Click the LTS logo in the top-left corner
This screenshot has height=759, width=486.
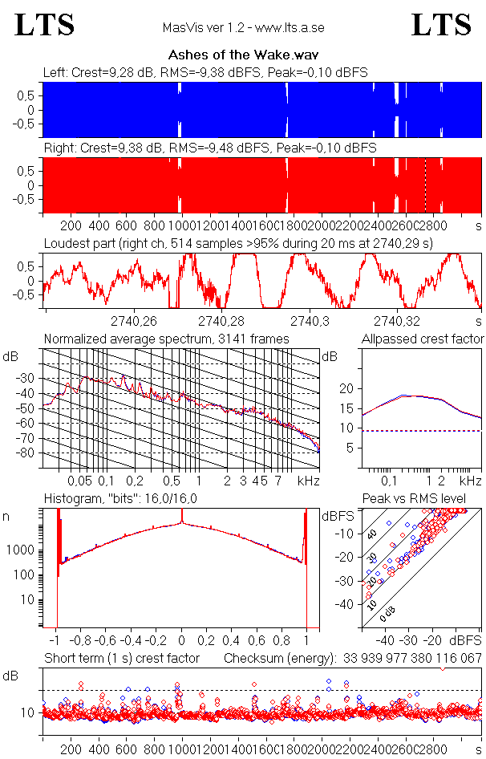click(45, 25)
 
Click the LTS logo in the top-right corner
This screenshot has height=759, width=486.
click(441, 25)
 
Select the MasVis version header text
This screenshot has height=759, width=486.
click(243, 28)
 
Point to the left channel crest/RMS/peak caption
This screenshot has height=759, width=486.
click(205, 72)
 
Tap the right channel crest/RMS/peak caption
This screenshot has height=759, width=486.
click(209, 148)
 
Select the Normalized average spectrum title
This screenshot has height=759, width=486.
click(166, 339)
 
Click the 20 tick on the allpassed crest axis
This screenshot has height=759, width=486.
click(346, 388)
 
